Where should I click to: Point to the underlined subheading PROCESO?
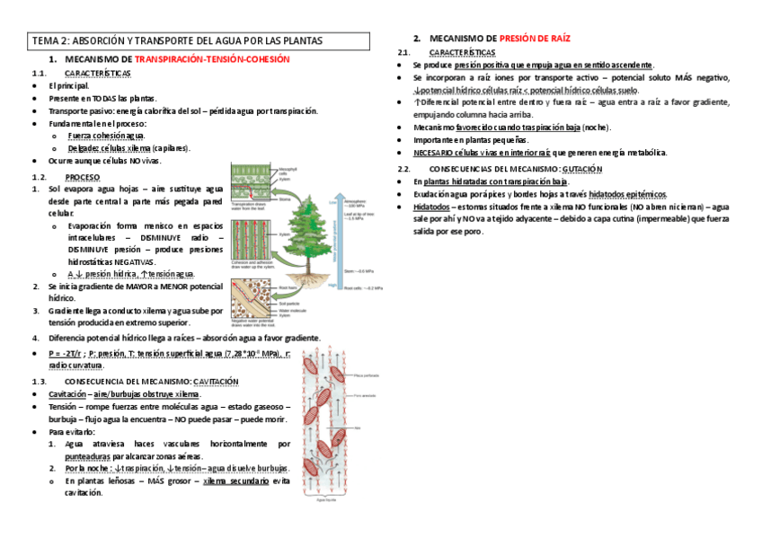pyautogui.click(x=83, y=177)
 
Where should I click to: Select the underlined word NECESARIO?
pyautogui.click(x=434, y=153)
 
